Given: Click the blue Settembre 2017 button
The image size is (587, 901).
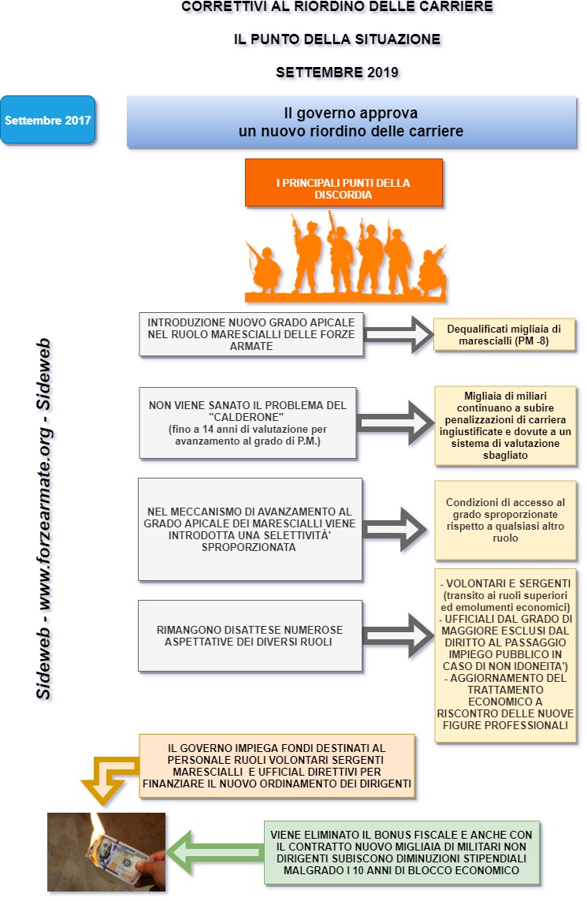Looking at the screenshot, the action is (48, 120).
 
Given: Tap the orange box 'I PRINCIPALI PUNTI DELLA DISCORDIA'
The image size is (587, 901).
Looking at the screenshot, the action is (344, 183).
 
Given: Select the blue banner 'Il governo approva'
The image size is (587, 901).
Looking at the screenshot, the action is (351, 122).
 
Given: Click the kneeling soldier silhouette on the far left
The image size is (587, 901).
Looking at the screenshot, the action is (264, 268).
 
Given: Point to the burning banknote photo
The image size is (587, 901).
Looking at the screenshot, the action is (106, 851).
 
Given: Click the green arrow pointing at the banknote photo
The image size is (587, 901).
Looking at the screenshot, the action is (215, 851).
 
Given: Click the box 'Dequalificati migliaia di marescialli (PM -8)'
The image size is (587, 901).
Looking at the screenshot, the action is (503, 334).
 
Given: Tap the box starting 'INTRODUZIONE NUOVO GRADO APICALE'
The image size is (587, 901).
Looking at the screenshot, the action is (251, 334).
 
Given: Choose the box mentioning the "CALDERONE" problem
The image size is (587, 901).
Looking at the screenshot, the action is (247, 423).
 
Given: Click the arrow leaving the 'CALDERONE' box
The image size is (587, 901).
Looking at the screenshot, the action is (396, 423).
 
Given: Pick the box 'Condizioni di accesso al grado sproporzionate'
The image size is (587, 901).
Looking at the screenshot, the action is (505, 520).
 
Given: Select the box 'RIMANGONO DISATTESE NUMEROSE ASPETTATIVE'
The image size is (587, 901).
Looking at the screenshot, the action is (250, 635).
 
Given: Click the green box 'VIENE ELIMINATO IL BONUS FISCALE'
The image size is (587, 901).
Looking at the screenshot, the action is (402, 852).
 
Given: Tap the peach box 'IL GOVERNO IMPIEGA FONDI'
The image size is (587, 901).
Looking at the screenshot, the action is (277, 765).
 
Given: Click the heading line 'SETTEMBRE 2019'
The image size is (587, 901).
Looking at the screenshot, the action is (337, 73).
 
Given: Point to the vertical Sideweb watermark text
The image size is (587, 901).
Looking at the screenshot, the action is (43, 519).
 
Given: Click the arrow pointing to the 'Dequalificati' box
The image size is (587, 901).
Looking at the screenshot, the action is (399, 334).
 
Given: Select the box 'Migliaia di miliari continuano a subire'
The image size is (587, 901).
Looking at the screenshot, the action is (505, 425).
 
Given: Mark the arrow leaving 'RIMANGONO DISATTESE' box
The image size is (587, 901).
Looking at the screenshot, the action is (398, 635).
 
